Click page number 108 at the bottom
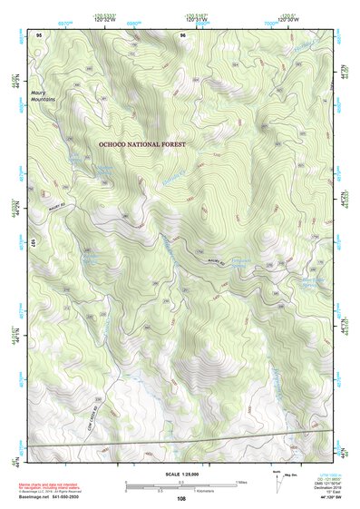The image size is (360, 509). [x=181, y=498]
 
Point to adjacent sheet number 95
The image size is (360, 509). [x=39, y=34]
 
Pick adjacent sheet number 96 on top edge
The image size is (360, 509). [x=183, y=34]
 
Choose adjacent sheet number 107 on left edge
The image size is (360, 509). [x=34, y=243]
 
